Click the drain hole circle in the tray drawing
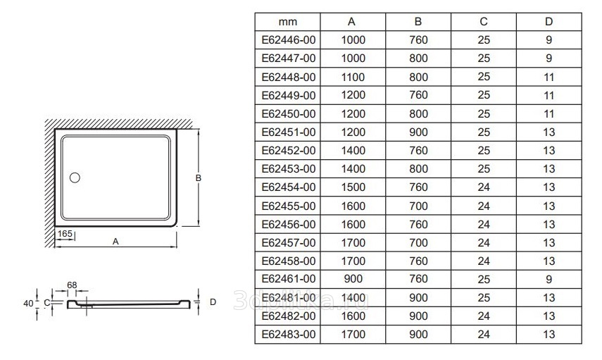[x=75, y=178]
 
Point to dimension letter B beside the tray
[x=199, y=178]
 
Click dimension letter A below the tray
[x=115, y=241]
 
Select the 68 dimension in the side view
[x=73, y=284]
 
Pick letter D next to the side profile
[x=213, y=302]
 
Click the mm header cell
[x=288, y=22]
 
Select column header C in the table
[x=484, y=22]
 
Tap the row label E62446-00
[x=288, y=40]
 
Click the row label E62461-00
[x=288, y=279]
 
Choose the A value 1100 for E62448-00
[x=353, y=77]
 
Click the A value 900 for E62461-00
[x=353, y=279]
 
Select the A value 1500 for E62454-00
[x=353, y=187]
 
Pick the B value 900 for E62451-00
[x=418, y=132]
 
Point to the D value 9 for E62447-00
[x=548, y=58]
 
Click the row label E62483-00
[x=288, y=335]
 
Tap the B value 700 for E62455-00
[x=418, y=206]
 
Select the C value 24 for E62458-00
[x=484, y=261]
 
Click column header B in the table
[x=418, y=22]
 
